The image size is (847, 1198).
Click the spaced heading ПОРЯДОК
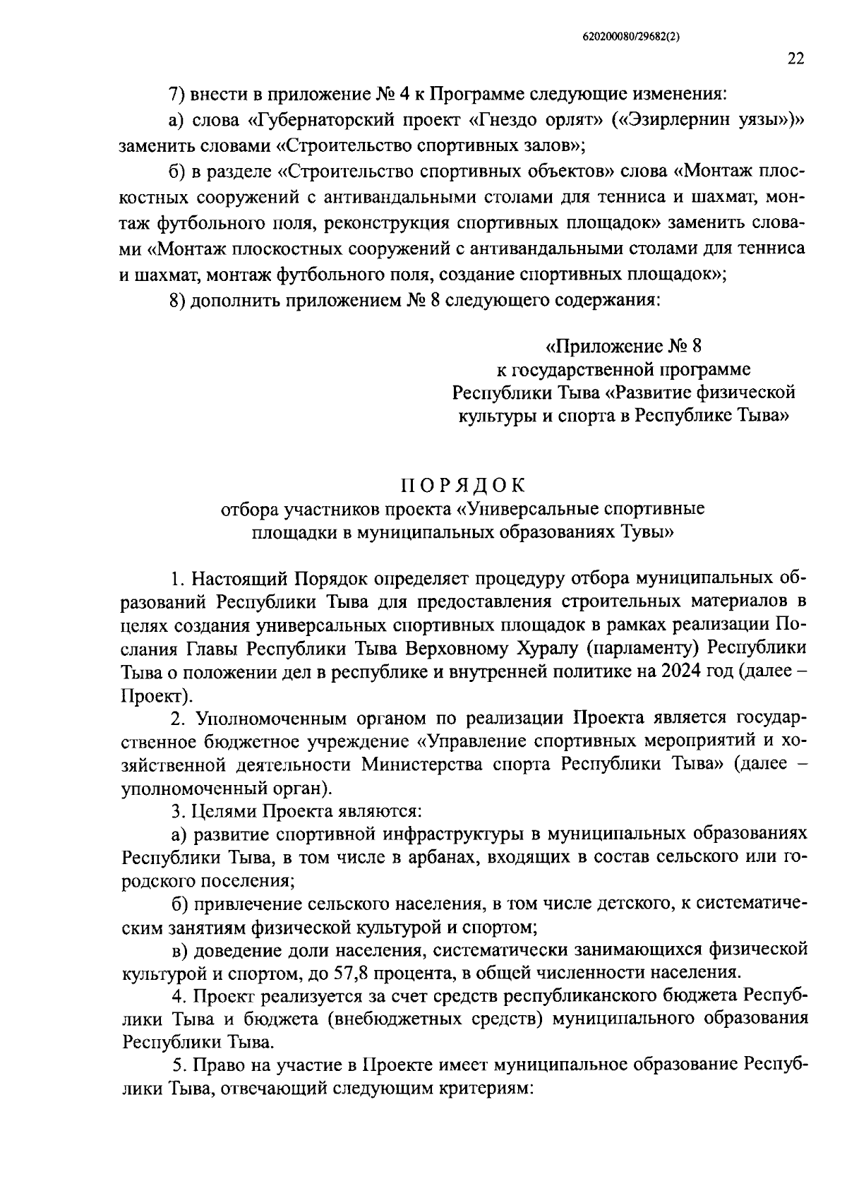[x=464, y=486]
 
